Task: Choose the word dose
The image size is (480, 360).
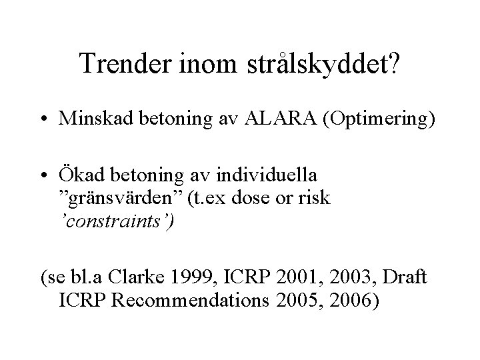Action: coord(250,198)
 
